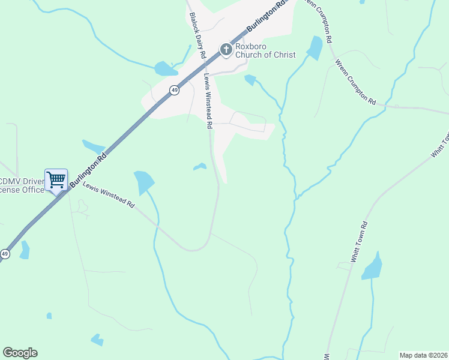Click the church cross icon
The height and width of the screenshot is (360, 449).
(x=226, y=49)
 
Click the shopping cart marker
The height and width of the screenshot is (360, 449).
(x=56, y=179)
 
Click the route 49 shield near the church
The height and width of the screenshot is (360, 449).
(x=174, y=90)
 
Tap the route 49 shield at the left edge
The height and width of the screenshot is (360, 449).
(x=5, y=254)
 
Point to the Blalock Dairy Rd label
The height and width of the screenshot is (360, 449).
(x=197, y=36)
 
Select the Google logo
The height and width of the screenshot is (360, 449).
(x=20, y=353)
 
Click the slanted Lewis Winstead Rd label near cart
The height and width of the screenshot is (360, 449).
(x=109, y=195)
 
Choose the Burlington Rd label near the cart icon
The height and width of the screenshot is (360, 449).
(x=88, y=169)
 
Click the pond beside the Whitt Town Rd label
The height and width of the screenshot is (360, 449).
(x=372, y=267)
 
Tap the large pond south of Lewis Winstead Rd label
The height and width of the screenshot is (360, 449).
(x=143, y=182)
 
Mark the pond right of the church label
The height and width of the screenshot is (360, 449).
(x=315, y=48)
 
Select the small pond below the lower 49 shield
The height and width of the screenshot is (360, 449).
(x=25, y=250)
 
